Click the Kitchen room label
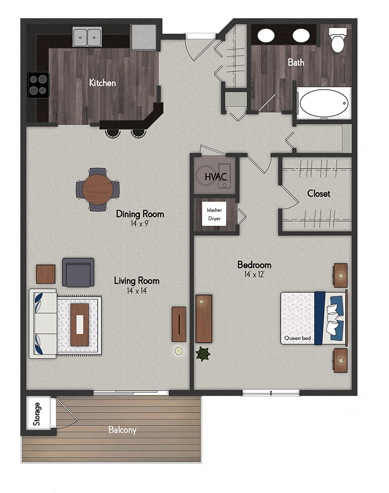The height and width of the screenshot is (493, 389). (x=102, y=83)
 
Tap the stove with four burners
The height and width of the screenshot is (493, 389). (x=38, y=84)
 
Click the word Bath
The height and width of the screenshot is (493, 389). (x=296, y=63)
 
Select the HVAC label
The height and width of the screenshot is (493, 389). (x=215, y=176)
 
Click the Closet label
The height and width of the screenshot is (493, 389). (x=319, y=194)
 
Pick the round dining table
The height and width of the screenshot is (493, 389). (x=97, y=188)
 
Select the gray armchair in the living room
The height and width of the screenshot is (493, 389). (x=78, y=272)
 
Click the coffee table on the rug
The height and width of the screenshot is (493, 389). (x=80, y=324)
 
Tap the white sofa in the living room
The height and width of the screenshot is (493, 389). (x=43, y=323)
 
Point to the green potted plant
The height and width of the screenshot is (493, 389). (x=202, y=353)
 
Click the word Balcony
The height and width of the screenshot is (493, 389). (x=122, y=430)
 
